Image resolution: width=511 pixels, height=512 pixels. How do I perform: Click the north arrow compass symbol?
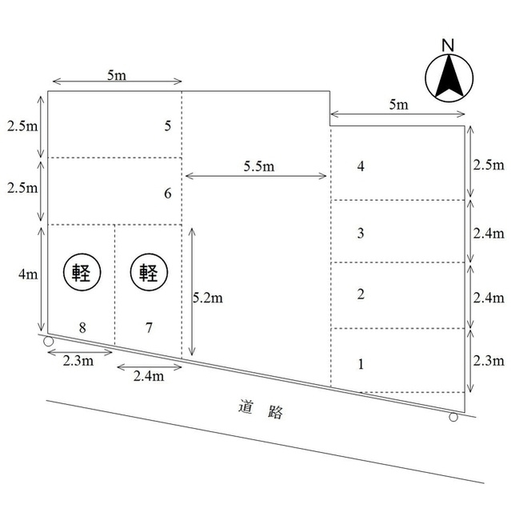click(x=449, y=78)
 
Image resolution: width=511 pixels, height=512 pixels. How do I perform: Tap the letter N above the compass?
click(x=448, y=46)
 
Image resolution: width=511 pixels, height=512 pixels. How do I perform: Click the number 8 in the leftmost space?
click(x=82, y=327)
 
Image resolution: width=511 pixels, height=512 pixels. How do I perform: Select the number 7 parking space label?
click(x=149, y=327)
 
